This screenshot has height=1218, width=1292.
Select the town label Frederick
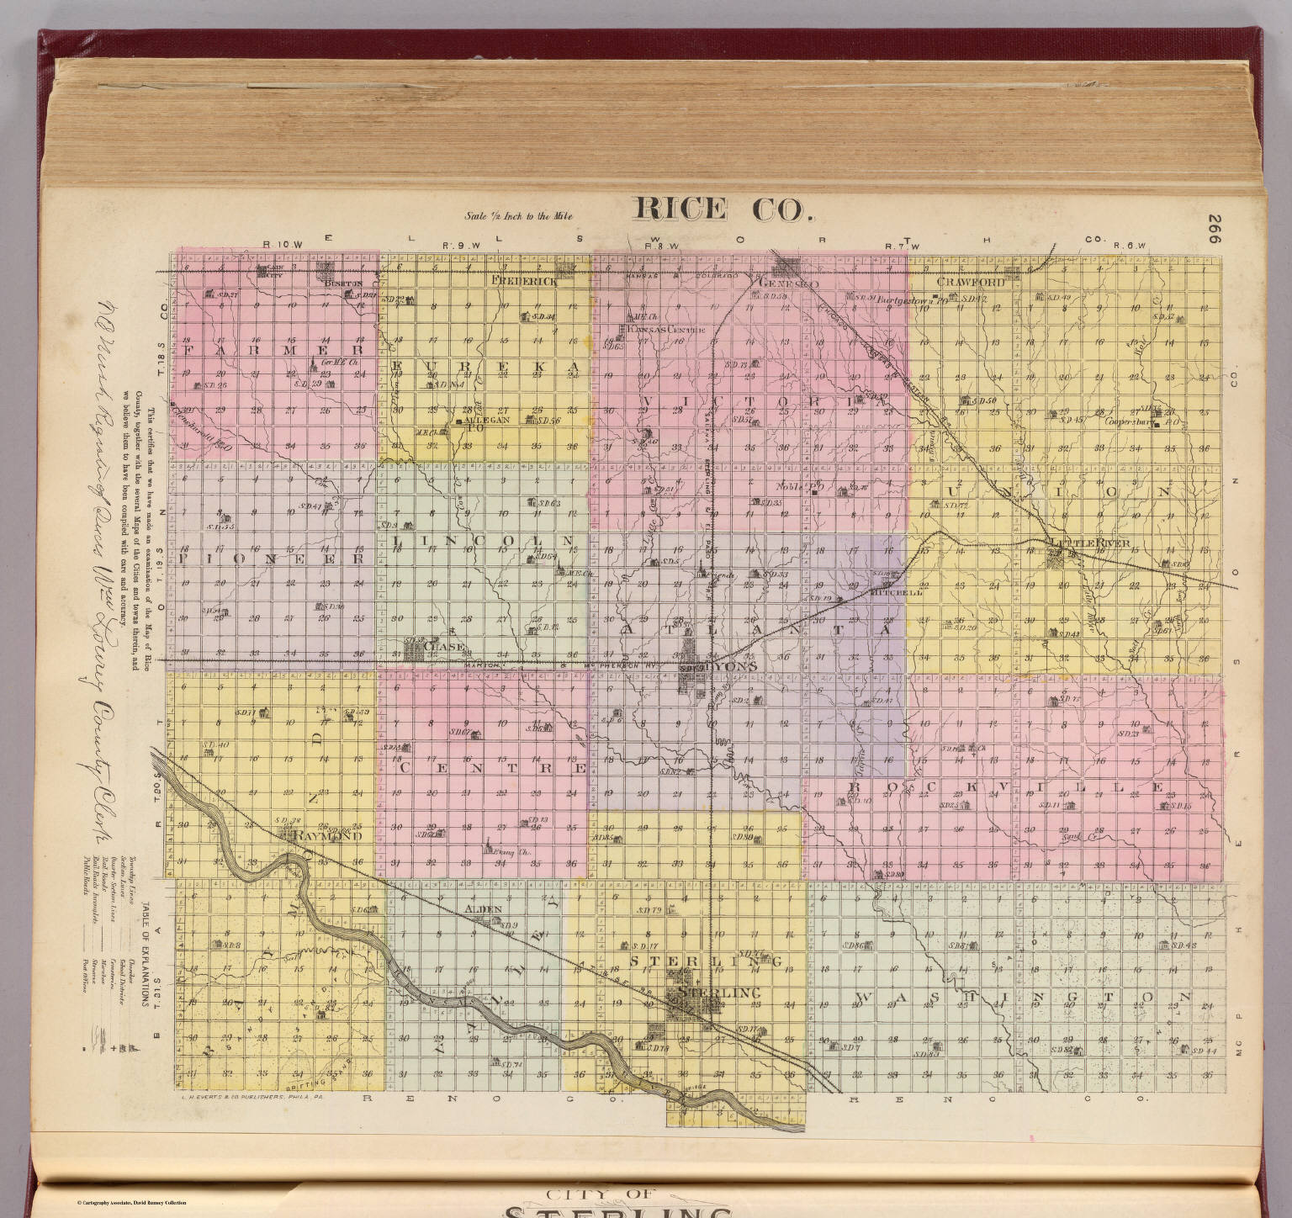[x=526, y=281]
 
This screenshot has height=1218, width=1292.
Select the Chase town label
[x=443, y=645]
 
